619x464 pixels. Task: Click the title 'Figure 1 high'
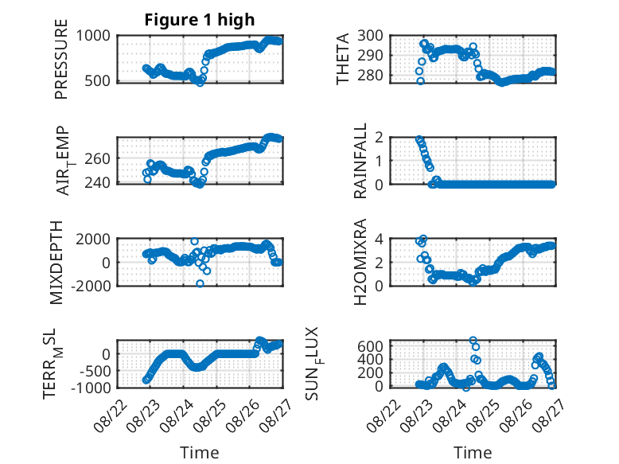coord(200,20)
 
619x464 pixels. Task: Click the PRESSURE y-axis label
coord(61,59)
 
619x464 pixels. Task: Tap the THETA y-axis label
coord(343,59)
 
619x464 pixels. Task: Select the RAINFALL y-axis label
coord(360,160)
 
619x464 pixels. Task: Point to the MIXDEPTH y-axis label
coord(56,262)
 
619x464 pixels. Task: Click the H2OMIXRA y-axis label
coord(360,262)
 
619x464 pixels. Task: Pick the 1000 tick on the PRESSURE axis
coord(93,36)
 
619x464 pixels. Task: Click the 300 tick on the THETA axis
coord(370,36)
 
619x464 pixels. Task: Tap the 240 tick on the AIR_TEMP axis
coord(98,183)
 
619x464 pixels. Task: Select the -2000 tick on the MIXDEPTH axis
coord(91,286)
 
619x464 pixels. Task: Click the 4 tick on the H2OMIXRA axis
coord(379,239)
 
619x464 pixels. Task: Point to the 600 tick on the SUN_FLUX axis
coord(370,346)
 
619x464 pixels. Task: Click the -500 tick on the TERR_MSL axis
coord(95,371)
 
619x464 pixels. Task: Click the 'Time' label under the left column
coord(200,452)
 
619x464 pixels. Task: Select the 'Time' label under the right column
coord(473,452)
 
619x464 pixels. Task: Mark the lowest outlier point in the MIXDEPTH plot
coord(200,283)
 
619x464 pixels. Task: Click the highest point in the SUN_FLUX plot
coord(473,340)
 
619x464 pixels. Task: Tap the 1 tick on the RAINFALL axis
coord(380,161)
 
